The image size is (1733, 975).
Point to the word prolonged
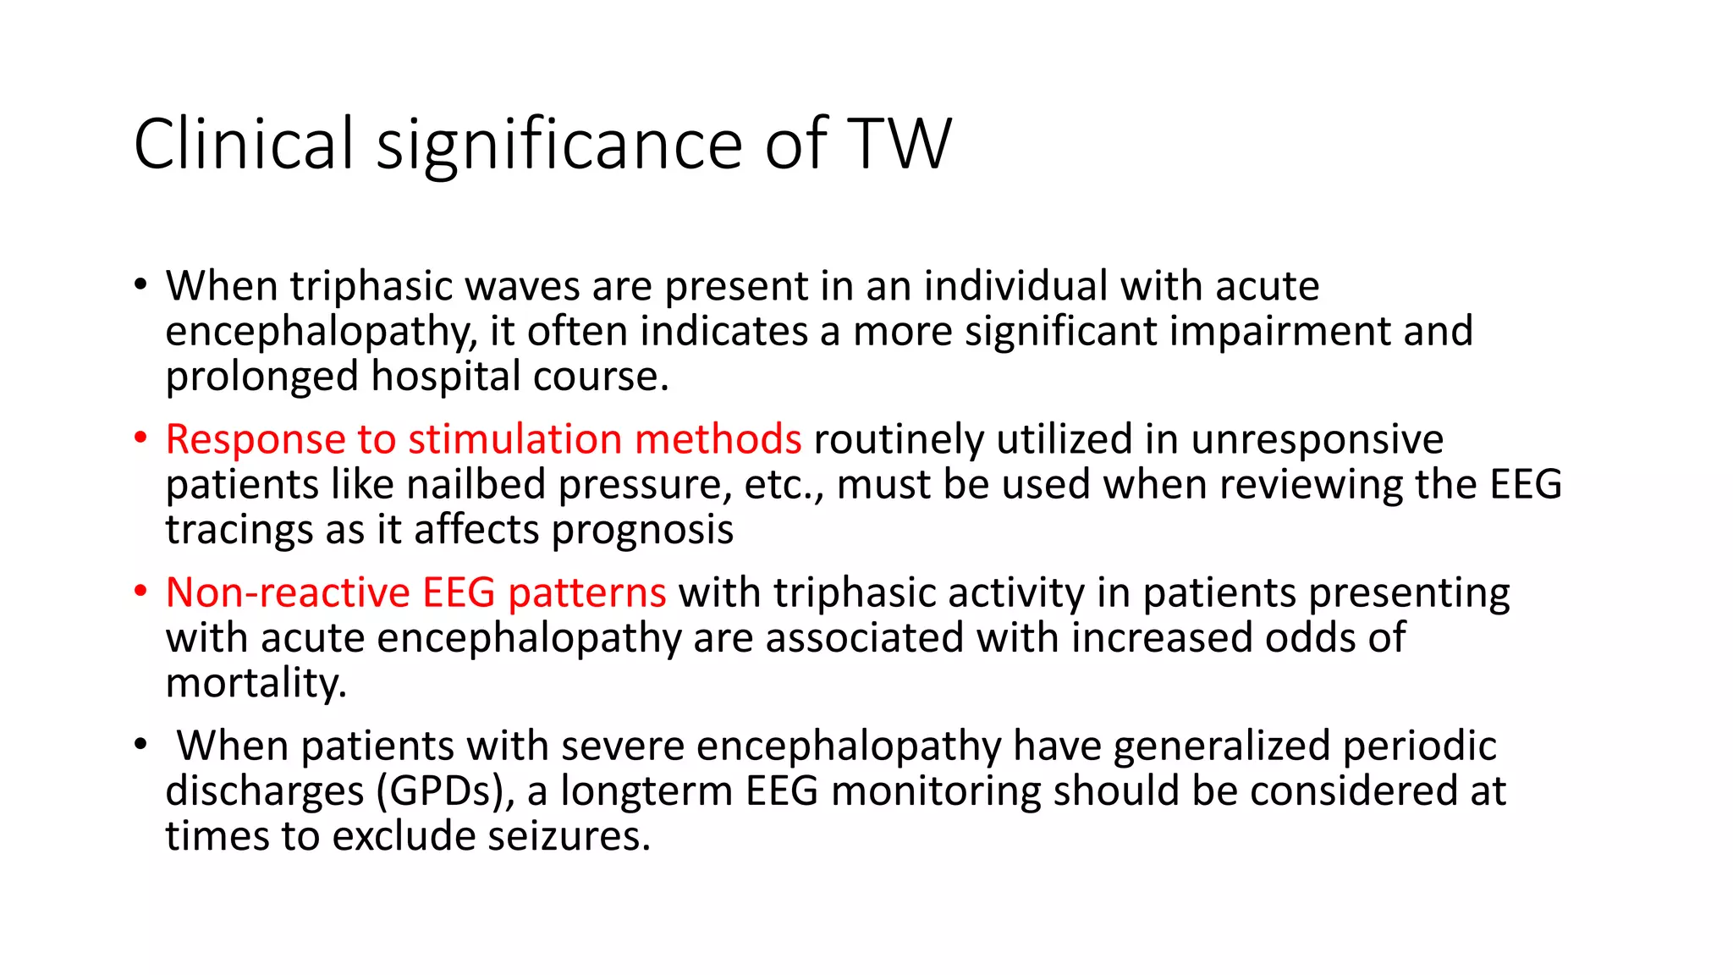[262, 377]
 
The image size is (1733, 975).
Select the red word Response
[256, 440]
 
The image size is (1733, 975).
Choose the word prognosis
[642, 531]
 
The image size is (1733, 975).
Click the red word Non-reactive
[288, 592]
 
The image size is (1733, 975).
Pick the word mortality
[256, 683]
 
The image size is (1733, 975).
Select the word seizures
[569, 836]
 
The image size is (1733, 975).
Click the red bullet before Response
[140, 438]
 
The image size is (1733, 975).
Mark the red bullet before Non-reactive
[140, 592]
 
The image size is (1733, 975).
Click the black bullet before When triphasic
[140, 285]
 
